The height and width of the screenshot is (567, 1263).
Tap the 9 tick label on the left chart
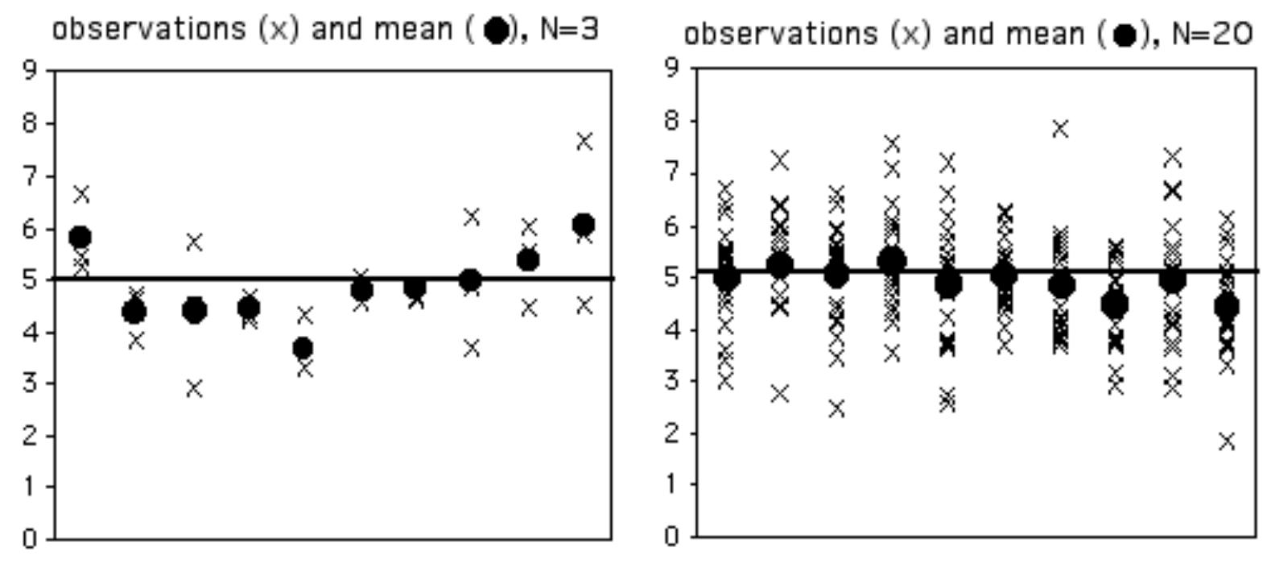pyautogui.click(x=30, y=71)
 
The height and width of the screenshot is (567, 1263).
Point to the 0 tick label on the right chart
pyautogui.click(x=672, y=536)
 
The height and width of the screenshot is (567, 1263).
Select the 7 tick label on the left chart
pyautogui.click(x=30, y=176)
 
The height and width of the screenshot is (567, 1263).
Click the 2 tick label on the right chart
pyautogui.click(x=672, y=433)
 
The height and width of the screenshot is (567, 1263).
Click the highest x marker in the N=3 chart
pyautogui.click(x=584, y=142)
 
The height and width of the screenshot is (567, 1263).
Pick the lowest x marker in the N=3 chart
pyautogui.click(x=194, y=388)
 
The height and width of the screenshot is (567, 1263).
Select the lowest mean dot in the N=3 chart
pyautogui.click(x=303, y=349)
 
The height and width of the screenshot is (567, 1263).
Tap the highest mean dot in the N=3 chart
pyautogui.click(x=584, y=225)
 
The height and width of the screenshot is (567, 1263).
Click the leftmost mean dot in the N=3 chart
pyautogui.click(x=80, y=238)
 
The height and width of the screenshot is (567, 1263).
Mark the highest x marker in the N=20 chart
pyautogui.click(x=1060, y=129)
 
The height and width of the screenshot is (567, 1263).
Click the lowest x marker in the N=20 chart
pyautogui.click(x=1227, y=441)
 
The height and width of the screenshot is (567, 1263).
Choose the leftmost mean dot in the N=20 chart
pyautogui.click(x=726, y=279)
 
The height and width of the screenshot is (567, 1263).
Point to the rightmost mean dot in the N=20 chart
pyautogui.click(x=1227, y=307)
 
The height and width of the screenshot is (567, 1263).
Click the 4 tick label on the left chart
pyautogui.click(x=30, y=332)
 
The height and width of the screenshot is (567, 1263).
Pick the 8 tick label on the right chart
pyautogui.click(x=672, y=122)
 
